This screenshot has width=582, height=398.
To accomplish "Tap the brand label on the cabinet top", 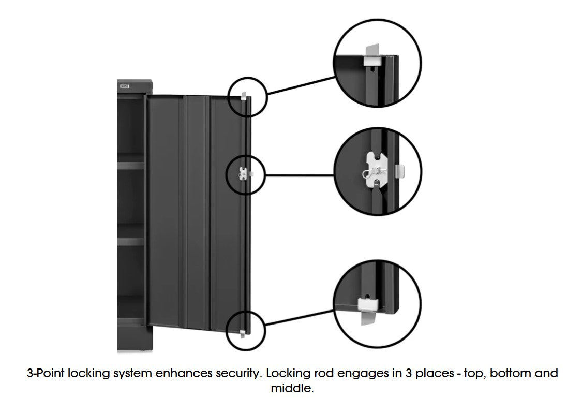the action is (x=125, y=86).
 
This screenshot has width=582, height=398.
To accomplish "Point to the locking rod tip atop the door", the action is (x=244, y=96).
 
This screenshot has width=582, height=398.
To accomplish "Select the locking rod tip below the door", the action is (x=243, y=333).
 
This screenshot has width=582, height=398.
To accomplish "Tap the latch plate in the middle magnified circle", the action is (x=377, y=170).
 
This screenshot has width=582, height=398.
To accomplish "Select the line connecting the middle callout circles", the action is (x=299, y=175).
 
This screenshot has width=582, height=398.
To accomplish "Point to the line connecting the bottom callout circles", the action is (x=299, y=318).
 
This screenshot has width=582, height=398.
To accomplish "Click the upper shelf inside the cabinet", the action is (x=131, y=166).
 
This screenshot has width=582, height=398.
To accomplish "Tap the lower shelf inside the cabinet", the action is (x=131, y=241).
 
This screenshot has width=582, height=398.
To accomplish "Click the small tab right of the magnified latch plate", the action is (x=399, y=170).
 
